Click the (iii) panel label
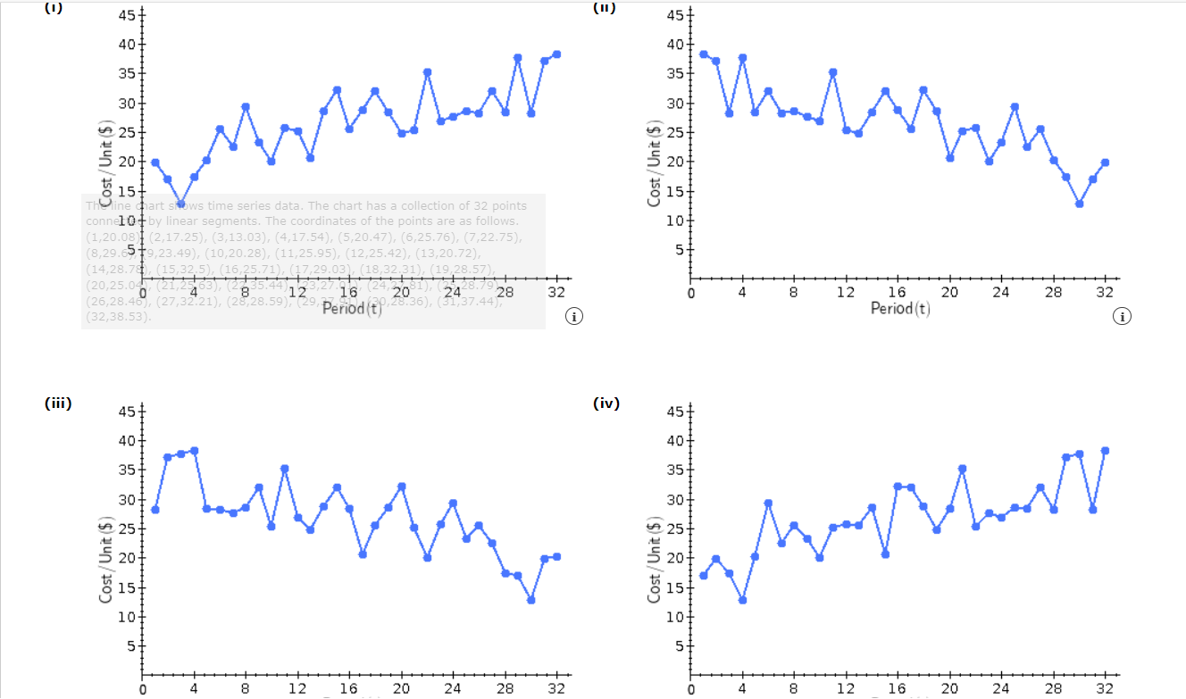pyautogui.click(x=58, y=403)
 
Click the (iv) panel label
pyautogui.click(x=606, y=403)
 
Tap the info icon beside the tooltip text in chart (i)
pyautogui.click(x=575, y=316)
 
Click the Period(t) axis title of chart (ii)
pyautogui.click(x=900, y=309)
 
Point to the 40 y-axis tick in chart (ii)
pyautogui.click(x=674, y=45)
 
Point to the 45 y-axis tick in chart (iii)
pyautogui.click(x=126, y=412)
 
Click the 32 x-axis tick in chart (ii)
pyautogui.click(x=1105, y=293)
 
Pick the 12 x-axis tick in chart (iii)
pyautogui.click(x=298, y=689)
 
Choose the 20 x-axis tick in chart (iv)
pyautogui.click(x=949, y=689)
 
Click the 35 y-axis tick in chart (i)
pyautogui.click(x=126, y=74)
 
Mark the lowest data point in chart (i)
pyautogui.click(x=180, y=204)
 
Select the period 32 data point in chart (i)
pyautogui.click(x=556, y=54)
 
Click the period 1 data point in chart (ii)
pyautogui.click(x=704, y=54)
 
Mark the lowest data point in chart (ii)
pyautogui.click(x=1079, y=204)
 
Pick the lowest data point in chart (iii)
pyautogui.click(x=530, y=600)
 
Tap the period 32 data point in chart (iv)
pyautogui.click(x=1105, y=451)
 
